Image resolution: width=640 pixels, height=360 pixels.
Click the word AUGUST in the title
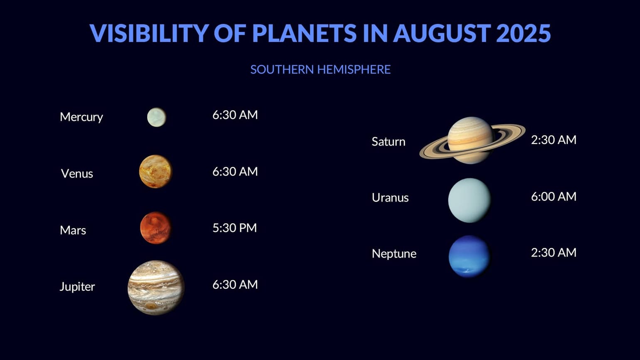(441, 33)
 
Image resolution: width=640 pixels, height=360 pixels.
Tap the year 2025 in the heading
(523, 33)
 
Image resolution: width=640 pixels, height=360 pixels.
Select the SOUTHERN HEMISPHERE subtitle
(320, 69)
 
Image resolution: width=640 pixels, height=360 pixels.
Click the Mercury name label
(81, 117)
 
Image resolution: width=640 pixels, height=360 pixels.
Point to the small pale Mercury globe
(156, 117)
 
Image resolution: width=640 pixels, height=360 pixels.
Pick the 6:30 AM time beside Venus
(235, 171)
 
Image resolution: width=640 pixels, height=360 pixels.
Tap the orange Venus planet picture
(155, 172)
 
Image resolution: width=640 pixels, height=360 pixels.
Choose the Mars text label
(73, 230)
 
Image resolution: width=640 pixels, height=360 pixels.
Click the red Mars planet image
(155, 228)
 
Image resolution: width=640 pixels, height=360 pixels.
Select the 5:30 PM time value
(234, 228)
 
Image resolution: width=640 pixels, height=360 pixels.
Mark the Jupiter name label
(77, 286)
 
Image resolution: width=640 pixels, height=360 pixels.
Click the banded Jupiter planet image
(156, 287)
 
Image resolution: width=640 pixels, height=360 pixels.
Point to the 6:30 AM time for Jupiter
(235, 284)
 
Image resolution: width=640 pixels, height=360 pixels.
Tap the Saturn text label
(388, 141)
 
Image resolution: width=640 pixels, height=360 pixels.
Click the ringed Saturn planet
(471, 140)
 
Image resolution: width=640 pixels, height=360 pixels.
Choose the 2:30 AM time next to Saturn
(554, 140)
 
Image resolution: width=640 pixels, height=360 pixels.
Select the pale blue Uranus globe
(469, 200)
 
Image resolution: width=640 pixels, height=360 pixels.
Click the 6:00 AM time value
(554, 196)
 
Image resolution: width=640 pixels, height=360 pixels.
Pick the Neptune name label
(394, 254)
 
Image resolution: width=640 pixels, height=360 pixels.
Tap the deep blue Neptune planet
(469, 256)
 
